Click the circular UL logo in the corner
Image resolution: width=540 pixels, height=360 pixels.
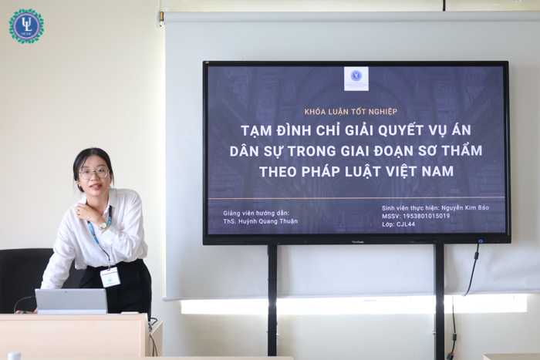point(26,26)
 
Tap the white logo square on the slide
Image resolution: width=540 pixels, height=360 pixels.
point(356,79)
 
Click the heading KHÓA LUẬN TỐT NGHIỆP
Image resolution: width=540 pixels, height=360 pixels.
point(350,112)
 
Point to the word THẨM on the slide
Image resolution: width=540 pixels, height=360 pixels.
point(462,150)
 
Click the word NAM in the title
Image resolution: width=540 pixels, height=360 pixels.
point(437,171)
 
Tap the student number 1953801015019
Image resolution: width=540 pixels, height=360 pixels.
point(427,216)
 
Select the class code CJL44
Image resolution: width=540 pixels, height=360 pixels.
point(406,224)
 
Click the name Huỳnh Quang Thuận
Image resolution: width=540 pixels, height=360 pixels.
point(268,221)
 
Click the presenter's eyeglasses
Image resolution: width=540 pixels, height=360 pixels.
point(94,173)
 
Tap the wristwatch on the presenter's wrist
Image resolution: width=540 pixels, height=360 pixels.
point(103,226)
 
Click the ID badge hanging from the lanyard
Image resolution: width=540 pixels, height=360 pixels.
point(110,277)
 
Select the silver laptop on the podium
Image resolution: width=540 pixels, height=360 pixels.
point(71,301)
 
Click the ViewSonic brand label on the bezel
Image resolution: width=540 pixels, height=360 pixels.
point(357,242)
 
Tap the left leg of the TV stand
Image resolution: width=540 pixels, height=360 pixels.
point(272,300)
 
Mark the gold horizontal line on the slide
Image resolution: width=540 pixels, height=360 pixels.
point(356,198)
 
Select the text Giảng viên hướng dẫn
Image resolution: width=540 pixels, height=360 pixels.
point(256,214)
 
